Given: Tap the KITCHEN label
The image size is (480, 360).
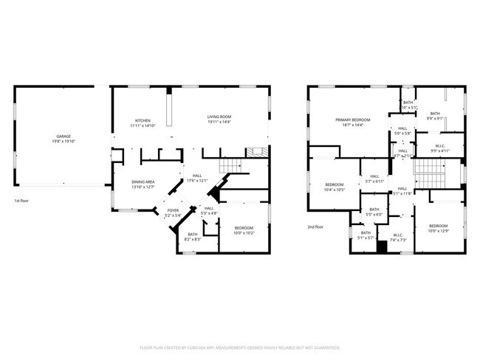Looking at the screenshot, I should (x=143, y=120).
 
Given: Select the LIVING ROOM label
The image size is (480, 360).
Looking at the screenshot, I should (x=219, y=117).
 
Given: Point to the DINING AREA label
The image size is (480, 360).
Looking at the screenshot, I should (x=143, y=181).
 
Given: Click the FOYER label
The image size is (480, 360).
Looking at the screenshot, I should (x=173, y=211).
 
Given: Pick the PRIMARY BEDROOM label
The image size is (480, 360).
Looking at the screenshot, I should (x=352, y=120).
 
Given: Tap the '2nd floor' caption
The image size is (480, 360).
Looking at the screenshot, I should (x=316, y=226).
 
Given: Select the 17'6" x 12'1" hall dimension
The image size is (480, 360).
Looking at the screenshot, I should (x=198, y=181).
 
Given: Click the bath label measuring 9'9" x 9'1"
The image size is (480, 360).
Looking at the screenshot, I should (x=435, y=117).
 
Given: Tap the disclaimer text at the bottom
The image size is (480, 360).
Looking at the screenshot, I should (x=239, y=347).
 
